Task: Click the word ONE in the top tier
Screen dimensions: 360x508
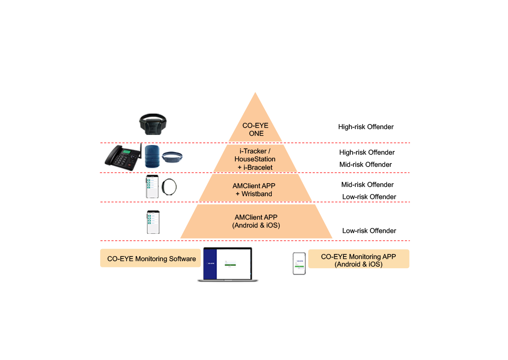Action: (256, 134)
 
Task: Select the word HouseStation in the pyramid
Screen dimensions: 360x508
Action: (255, 159)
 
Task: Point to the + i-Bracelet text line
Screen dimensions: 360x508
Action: (255, 167)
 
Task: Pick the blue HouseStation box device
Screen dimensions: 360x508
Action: (152, 157)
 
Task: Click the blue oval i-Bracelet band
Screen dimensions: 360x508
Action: (173, 157)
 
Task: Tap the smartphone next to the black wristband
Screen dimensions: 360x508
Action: (152, 186)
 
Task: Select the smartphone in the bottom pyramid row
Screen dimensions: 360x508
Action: (153, 222)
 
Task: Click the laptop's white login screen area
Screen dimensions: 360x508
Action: (234, 264)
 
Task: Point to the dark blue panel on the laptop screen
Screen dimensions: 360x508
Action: (211, 264)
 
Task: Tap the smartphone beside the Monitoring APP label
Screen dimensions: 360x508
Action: (299, 264)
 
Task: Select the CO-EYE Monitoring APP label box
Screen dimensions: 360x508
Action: (358, 259)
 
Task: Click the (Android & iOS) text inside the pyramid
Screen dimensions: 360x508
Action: (256, 225)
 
